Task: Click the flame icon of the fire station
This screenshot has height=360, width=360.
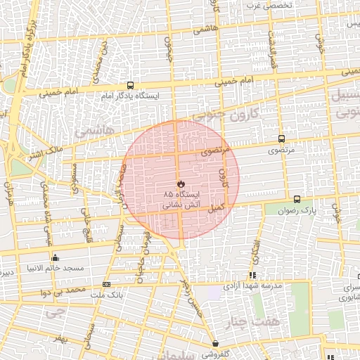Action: tap(180, 183)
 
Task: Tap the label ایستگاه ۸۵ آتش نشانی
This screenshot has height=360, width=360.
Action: tap(181, 199)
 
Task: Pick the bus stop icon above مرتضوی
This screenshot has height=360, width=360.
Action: tap(282, 139)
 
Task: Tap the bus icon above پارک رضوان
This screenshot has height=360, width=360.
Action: tap(297, 200)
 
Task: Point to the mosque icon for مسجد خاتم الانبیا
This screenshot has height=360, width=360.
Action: tap(55, 257)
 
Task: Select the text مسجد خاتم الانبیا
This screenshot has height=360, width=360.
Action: tap(55, 268)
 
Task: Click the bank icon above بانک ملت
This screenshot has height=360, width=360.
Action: tap(106, 284)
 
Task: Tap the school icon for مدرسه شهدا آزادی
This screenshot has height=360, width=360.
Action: tap(252, 276)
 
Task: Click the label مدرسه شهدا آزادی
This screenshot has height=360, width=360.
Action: tap(252, 286)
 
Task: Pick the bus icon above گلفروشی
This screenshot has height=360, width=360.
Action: tap(216, 344)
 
